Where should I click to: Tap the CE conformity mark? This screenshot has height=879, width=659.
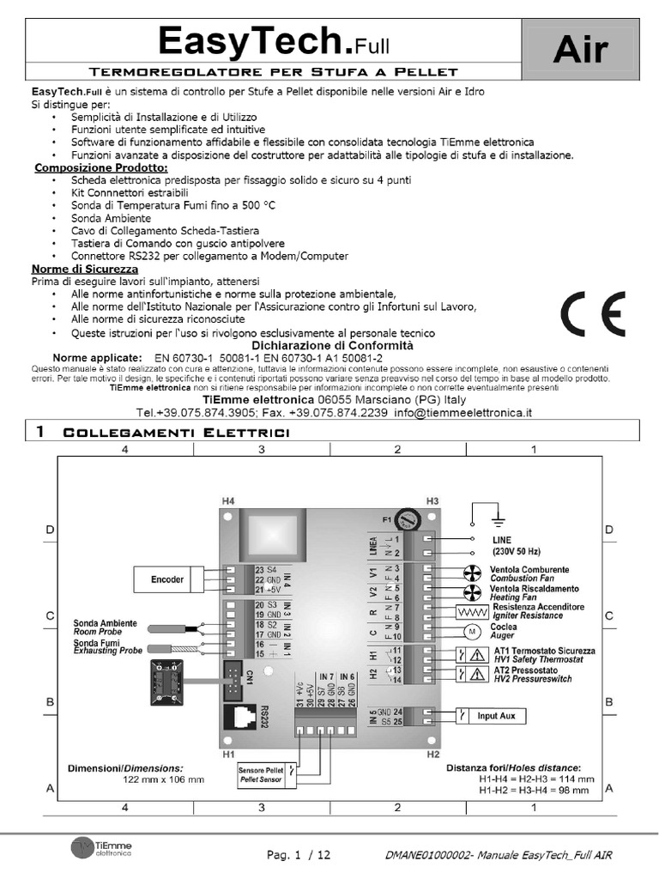coord(594,315)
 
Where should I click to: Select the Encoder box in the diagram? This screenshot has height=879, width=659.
coord(167,580)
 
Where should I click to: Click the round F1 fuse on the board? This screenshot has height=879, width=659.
coord(415,519)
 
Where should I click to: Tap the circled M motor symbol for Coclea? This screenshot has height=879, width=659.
coord(469,632)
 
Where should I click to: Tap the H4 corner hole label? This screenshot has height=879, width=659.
coord(227,500)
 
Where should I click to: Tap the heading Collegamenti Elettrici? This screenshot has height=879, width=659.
coord(177,433)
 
